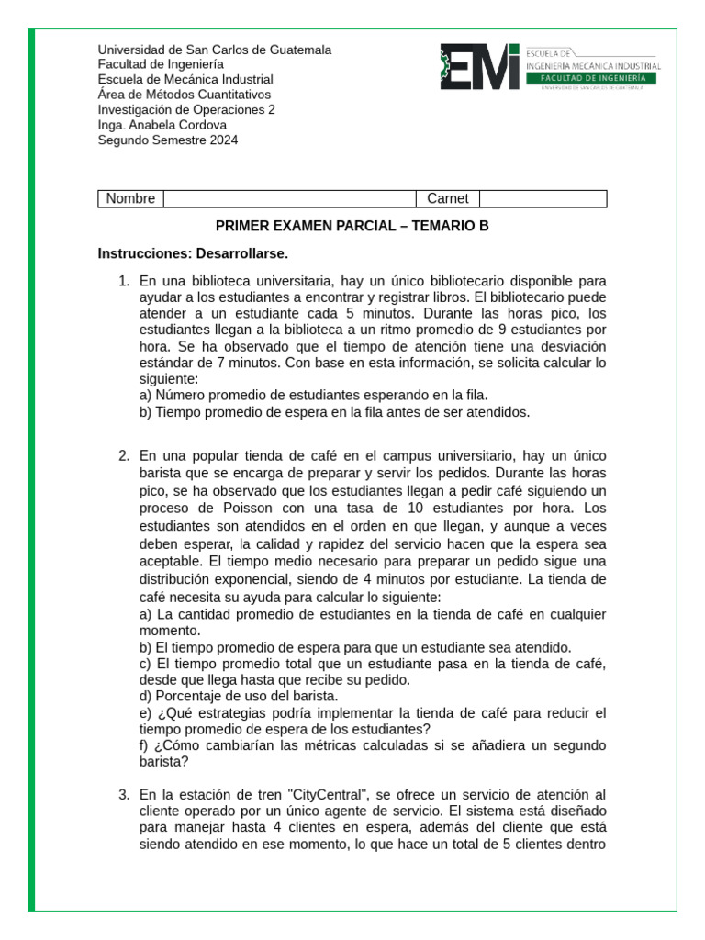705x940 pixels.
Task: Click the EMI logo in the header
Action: coord(480,67)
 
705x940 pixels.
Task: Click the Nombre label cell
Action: coord(130,199)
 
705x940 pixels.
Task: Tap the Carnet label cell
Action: coord(448,199)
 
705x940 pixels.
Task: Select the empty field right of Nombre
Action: coord(289,199)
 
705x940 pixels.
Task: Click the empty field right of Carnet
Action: coord(543,199)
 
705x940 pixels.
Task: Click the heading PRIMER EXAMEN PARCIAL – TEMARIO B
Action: coord(352,226)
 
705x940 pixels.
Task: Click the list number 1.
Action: coord(124,281)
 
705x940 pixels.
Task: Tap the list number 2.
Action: coord(124,456)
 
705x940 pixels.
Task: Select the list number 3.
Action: coord(124,794)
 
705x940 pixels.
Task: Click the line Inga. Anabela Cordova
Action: coord(162,125)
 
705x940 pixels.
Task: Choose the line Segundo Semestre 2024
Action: coord(168,140)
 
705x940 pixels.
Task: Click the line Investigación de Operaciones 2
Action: coord(186,109)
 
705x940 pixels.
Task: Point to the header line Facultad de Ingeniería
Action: coord(161,64)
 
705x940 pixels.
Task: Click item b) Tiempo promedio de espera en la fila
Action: coord(335,413)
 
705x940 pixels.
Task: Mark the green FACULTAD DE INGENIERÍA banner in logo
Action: coord(592,79)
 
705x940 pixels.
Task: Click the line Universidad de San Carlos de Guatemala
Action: coord(215,50)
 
